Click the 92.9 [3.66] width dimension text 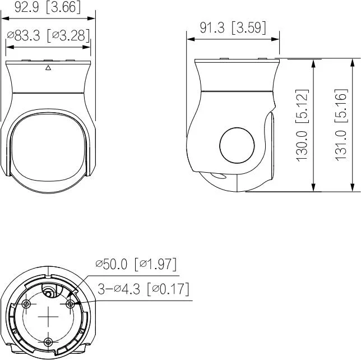tap(48, 8)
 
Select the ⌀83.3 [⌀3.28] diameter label tap(48, 36)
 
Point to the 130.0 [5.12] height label tap(303, 124)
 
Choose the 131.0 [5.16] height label tap(341, 124)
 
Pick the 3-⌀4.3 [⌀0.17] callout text tap(143, 289)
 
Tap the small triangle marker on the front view tap(48, 68)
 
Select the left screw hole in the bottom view tap(26, 303)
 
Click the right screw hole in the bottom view tap(71, 303)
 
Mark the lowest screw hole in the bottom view tap(49, 341)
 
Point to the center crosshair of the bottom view tap(49, 317)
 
